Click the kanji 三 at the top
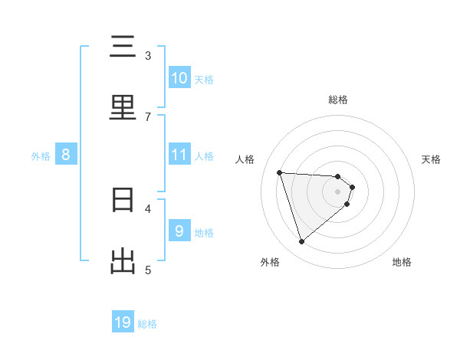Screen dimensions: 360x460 click(123, 47)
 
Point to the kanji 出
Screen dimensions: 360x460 click(123, 262)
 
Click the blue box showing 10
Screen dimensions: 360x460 click(179, 78)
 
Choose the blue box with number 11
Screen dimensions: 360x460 click(179, 155)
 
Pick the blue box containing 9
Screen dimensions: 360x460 click(179, 231)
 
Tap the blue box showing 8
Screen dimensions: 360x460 click(66, 155)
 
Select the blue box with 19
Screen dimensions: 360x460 click(123, 322)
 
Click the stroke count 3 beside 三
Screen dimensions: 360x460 click(148, 55)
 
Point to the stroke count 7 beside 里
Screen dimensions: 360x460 click(148, 116)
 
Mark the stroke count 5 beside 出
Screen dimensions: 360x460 click(148, 270)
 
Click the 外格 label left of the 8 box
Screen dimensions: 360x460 click(41, 156)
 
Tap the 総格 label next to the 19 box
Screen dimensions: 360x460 click(147, 324)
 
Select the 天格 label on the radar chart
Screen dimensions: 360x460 click(431, 159)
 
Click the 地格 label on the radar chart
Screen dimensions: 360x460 click(402, 262)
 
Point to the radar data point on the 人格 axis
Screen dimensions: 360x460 click(279, 172)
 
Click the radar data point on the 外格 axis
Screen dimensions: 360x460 click(301, 242)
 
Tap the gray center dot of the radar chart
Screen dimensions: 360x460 click(338, 191)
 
